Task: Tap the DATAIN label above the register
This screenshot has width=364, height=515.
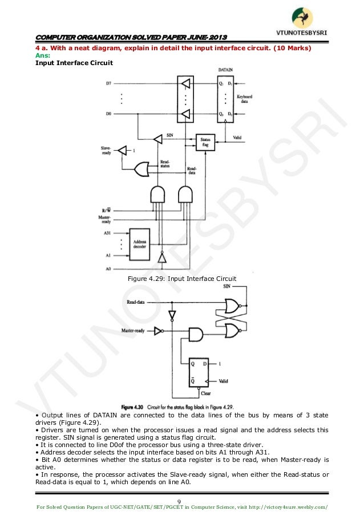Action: (226, 69)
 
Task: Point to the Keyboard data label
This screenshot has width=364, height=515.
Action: (245, 99)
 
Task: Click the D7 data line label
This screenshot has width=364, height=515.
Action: (108, 83)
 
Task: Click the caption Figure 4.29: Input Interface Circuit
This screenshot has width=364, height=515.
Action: (183, 279)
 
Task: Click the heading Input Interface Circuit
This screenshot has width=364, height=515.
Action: (74, 63)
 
